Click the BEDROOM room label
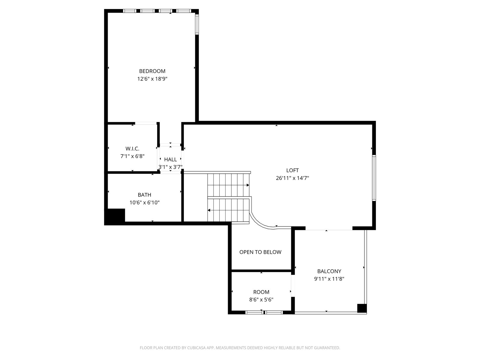click(x=152, y=71)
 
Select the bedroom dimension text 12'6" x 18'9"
click(x=152, y=79)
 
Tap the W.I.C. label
click(x=132, y=148)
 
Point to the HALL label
click(x=170, y=160)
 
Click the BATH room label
click(x=144, y=195)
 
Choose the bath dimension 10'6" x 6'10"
click(x=144, y=202)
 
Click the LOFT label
click(x=292, y=170)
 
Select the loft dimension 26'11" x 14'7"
click(x=292, y=178)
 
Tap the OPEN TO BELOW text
click(x=260, y=252)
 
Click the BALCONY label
click(x=329, y=271)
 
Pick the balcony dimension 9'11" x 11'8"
click(x=329, y=279)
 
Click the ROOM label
click(x=261, y=292)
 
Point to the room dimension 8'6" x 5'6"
click(x=261, y=299)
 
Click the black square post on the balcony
click(x=362, y=308)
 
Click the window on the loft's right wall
click(x=374, y=178)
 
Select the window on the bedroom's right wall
click(x=197, y=24)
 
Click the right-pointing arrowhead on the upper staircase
click(x=248, y=185)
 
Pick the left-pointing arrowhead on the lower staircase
click(x=209, y=210)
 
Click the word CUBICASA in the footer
click(x=196, y=348)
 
